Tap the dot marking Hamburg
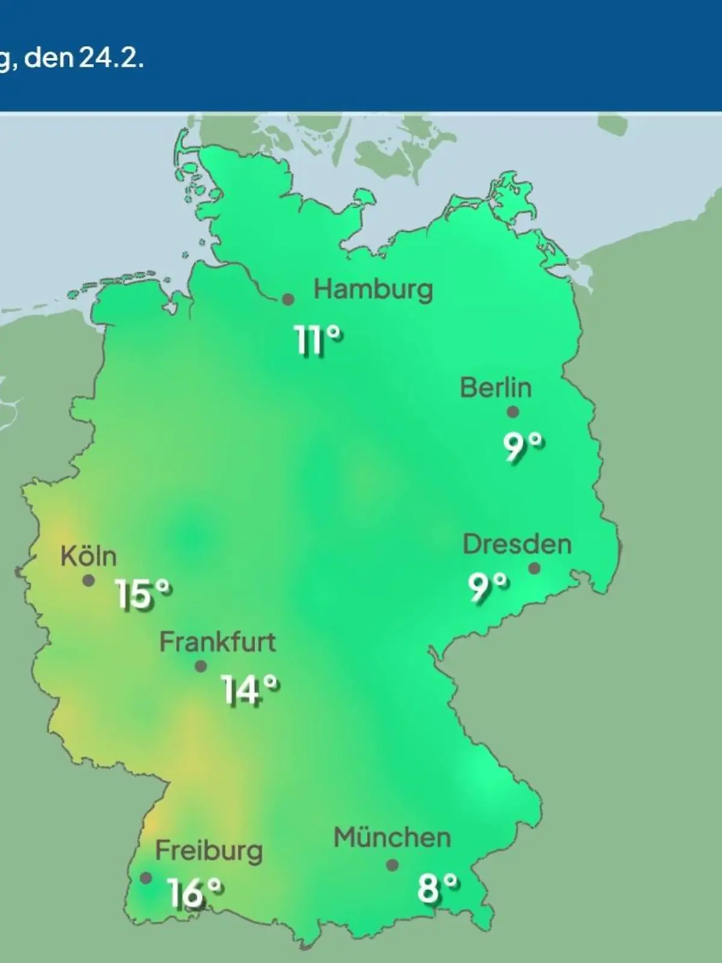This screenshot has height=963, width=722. click(x=288, y=299)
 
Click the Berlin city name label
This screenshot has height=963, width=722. click(x=496, y=388)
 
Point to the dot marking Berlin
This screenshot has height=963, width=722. click(x=513, y=412)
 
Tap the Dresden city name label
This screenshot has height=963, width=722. click(x=517, y=545)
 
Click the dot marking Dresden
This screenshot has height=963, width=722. click(x=534, y=568)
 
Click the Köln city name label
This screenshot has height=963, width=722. click(x=88, y=557)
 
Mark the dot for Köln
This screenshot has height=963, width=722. click(x=88, y=581)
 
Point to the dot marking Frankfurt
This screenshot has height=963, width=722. click(x=201, y=666)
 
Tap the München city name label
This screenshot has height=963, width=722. click(x=392, y=838)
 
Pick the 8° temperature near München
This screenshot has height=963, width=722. click(x=437, y=887)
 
